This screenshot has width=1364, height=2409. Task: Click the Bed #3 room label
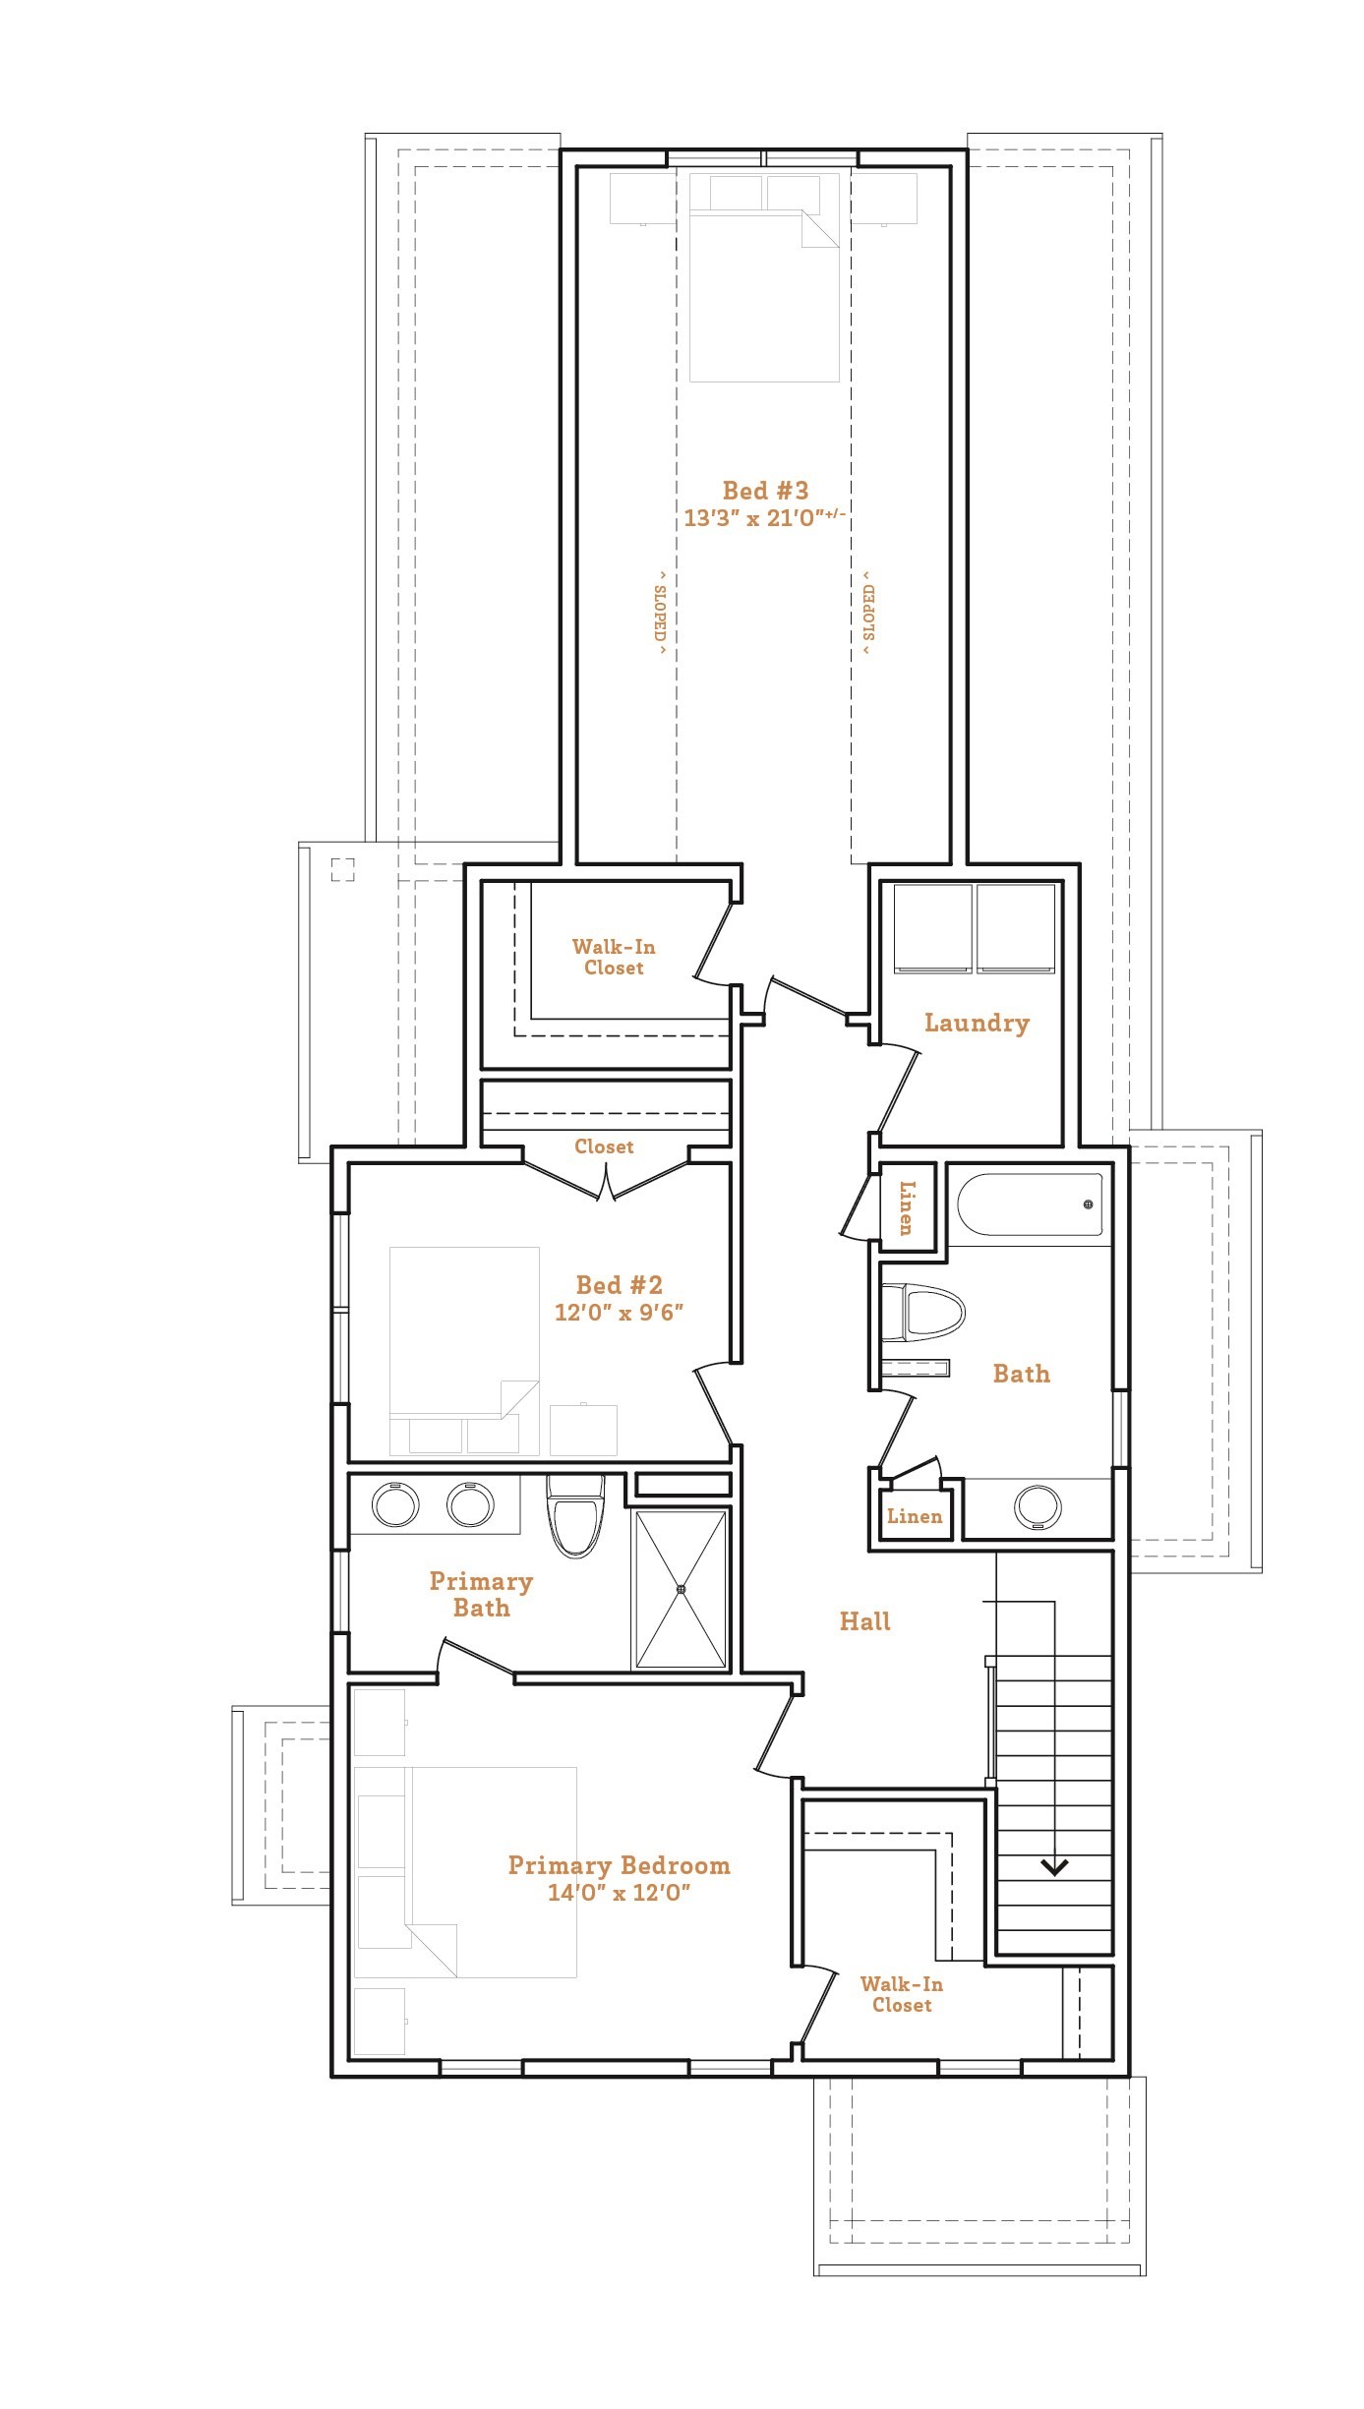click(765, 491)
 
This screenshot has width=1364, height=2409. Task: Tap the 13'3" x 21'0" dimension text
click(764, 518)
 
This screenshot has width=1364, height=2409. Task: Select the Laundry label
click(977, 1023)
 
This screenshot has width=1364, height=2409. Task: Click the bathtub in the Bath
click(1029, 1204)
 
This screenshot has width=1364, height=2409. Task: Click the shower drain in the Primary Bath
click(681, 1588)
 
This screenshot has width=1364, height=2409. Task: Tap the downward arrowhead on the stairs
click(1054, 1866)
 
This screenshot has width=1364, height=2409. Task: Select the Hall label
click(864, 1621)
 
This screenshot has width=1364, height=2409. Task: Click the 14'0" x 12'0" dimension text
click(619, 1893)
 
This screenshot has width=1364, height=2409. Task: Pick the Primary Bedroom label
click(619, 1865)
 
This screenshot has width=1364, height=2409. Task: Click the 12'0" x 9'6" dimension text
click(619, 1313)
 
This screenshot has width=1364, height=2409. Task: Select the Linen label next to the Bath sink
click(914, 1516)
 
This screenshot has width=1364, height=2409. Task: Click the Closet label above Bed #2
click(604, 1146)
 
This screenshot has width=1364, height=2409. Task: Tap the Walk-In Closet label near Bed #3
click(614, 957)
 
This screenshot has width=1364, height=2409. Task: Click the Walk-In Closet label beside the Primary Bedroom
click(901, 1994)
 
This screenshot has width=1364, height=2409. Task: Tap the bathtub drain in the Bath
click(1088, 1204)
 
